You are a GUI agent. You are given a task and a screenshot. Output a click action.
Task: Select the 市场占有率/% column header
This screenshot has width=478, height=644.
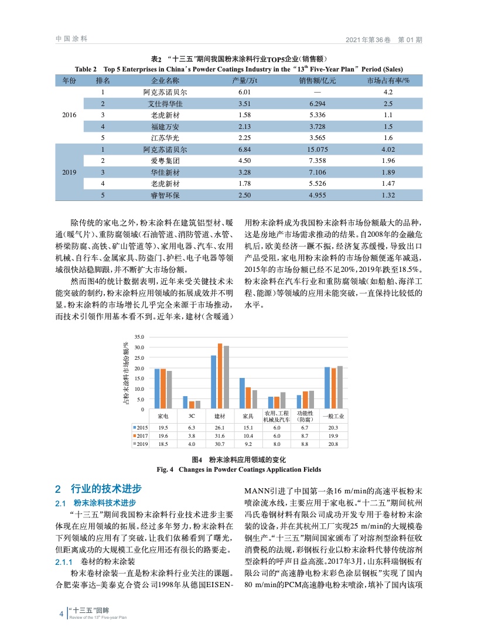[388, 81]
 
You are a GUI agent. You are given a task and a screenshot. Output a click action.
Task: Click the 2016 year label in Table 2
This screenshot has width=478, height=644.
[69, 115]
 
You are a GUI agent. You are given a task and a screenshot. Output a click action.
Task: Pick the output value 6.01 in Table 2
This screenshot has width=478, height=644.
[245, 93]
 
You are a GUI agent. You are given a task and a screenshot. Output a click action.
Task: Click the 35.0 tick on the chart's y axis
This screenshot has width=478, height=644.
[139, 338]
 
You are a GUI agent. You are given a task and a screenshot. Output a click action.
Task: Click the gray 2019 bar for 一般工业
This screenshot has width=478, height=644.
[340, 387]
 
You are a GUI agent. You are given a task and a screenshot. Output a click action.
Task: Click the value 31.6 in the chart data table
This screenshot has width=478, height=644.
[220, 436]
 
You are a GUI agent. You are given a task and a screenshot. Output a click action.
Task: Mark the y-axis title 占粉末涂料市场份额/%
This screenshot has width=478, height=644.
[125, 373]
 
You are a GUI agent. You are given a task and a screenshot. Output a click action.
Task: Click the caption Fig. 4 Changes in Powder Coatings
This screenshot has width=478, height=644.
[239, 469]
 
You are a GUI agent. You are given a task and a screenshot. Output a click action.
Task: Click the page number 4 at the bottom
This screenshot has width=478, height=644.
[62, 614]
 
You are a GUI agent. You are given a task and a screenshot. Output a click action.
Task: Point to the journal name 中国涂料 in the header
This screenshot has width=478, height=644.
[71, 39]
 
